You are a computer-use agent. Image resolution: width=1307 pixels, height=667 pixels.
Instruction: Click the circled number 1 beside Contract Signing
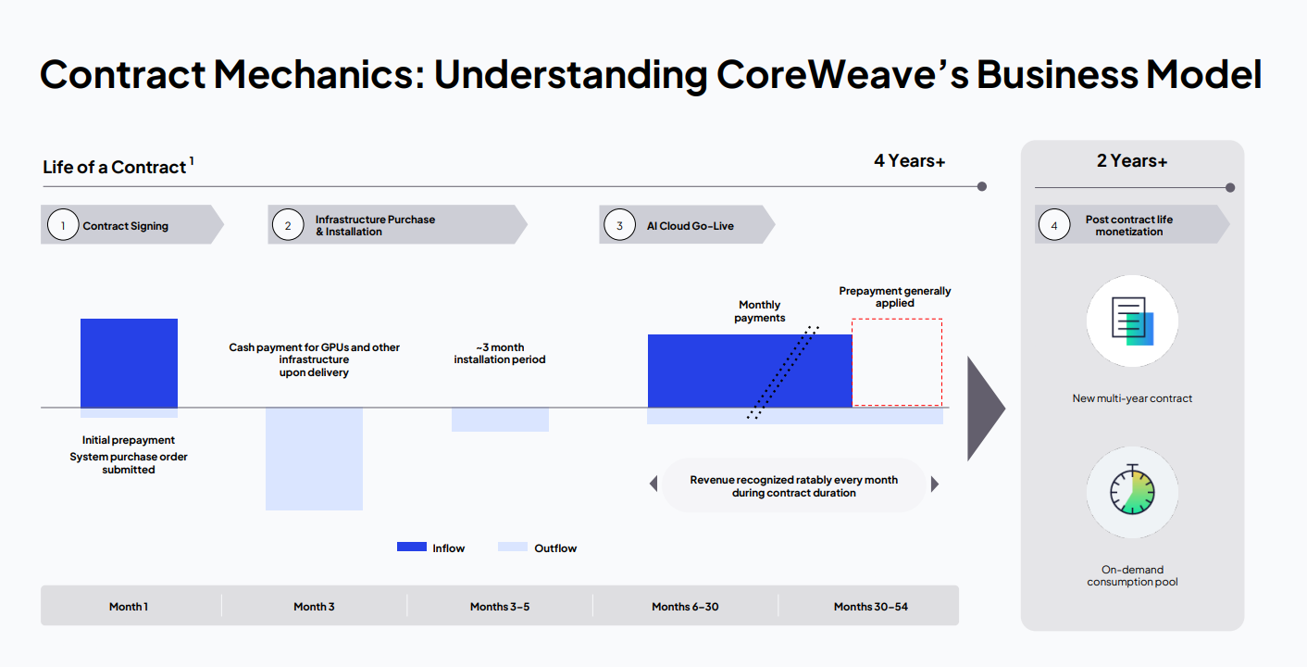click(x=63, y=225)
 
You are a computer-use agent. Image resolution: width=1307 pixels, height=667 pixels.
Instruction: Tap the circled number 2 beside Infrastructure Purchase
click(x=288, y=225)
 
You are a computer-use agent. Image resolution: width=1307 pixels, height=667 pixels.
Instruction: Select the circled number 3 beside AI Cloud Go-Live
click(x=619, y=225)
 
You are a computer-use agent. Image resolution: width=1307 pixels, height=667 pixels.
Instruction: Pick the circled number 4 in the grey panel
click(x=1054, y=225)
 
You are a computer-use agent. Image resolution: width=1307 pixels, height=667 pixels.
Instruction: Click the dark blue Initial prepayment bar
click(x=129, y=363)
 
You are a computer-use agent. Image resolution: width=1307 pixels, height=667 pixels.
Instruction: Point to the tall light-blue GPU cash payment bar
click(x=314, y=459)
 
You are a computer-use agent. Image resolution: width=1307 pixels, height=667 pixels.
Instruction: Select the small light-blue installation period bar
click(x=500, y=420)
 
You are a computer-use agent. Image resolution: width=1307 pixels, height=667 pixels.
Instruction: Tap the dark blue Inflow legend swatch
click(x=412, y=547)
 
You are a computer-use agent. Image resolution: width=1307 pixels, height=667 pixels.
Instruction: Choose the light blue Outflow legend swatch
click(x=512, y=547)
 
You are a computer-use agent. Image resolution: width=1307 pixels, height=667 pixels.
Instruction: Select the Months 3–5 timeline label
click(x=500, y=606)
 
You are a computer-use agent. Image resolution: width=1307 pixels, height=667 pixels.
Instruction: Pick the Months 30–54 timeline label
click(x=870, y=606)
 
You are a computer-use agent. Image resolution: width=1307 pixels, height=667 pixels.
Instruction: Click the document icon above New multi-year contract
click(x=1133, y=321)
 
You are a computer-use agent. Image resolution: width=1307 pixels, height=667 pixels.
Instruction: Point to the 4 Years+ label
click(x=909, y=160)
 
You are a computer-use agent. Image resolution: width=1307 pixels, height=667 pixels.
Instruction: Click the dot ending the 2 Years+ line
click(x=1230, y=187)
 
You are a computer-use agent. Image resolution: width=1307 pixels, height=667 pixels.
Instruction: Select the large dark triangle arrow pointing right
click(x=985, y=409)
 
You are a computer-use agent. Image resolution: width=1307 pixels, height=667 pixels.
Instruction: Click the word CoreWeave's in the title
click(x=842, y=75)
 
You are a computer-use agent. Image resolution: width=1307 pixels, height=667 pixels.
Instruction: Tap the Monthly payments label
click(x=759, y=311)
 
